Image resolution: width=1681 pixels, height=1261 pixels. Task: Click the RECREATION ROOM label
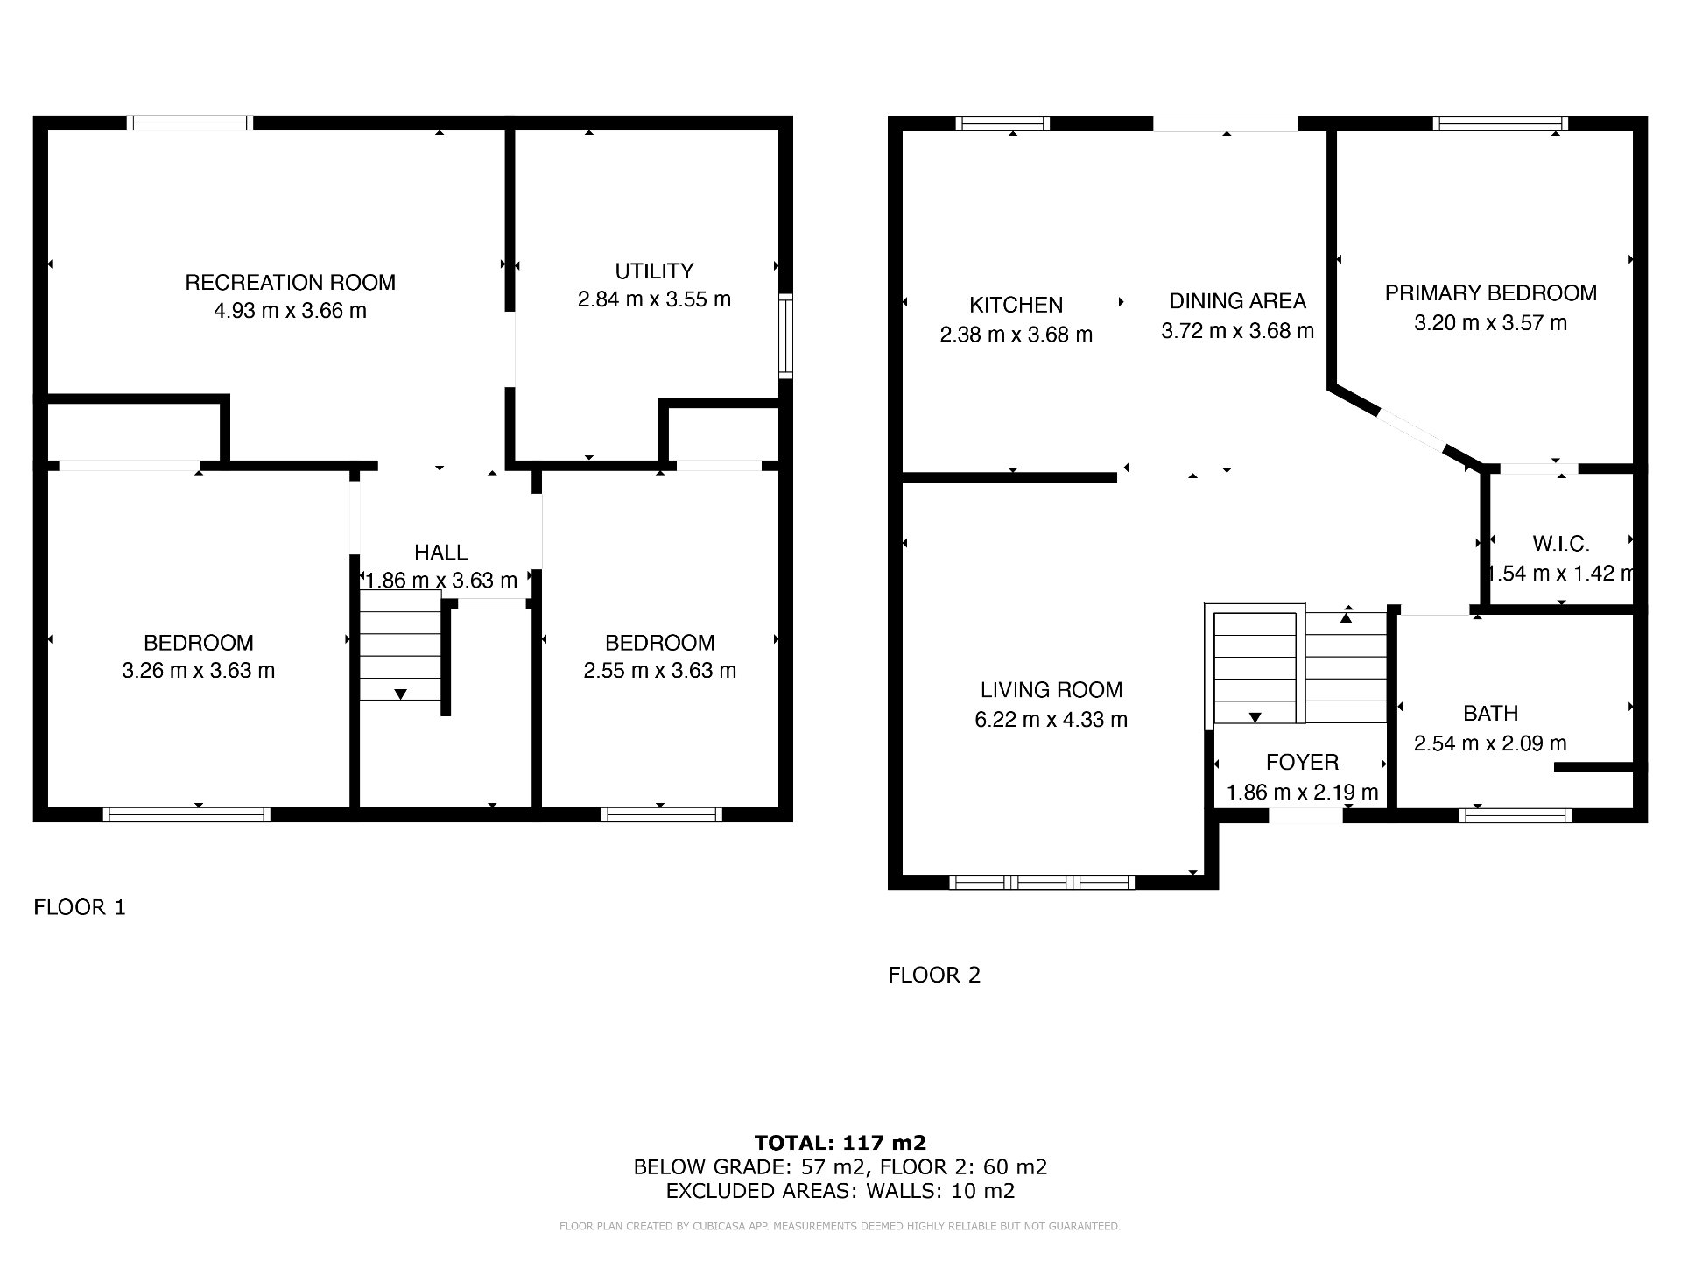pyautogui.click(x=290, y=283)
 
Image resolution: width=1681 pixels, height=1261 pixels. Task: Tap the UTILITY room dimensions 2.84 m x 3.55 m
pyautogui.click(x=654, y=299)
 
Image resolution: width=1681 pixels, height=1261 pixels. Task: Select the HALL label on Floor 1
pyautogui.click(x=440, y=553)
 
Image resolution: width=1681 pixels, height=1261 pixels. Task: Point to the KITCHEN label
pyautogui.click(x=1016, y=305)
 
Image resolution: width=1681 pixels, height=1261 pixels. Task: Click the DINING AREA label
pyautogui.click(x=1237, y=301)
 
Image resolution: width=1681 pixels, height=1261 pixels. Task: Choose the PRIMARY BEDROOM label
pyautogui.click(x=1490, y=293)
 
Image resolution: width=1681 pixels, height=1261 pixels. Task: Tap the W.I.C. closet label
pyautogui.click(x=1560, y=544)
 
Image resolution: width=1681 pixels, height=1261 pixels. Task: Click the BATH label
pyautogui.click(x=1490, y=714)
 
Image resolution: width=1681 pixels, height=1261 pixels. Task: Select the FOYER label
pyautogui.click(x=1302, y=763)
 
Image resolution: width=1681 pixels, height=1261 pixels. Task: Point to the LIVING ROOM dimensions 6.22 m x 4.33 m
pyautogui.click(x=1051, y=720)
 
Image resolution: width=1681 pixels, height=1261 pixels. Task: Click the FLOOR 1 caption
pyautogui.click(x=80, y=907)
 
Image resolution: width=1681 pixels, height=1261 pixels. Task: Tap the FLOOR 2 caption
pyautogui.click(x=934, y=975)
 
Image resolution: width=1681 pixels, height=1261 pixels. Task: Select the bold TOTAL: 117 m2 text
pyautogui.click(x=840, y=1142)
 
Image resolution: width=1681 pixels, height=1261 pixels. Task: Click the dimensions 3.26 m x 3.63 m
pyautogui.click(x=199, y=671)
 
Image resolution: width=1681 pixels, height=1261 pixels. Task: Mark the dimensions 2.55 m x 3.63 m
pyautogui.click(x=659, y=671)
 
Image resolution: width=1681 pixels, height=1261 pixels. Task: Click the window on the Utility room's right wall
pyautogui.click(x=786, y=336)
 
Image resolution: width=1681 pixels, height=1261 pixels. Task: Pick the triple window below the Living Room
pyautogui.click(x=1042, y=882)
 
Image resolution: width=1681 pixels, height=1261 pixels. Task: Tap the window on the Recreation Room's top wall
pyautogui.click(x=190, y=123)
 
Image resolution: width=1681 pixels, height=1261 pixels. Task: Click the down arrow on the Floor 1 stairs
pyautogui.click(x=400, y=694)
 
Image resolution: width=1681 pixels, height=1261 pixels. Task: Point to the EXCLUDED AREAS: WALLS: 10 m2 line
pyautogui.click(x=840, y=1191)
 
